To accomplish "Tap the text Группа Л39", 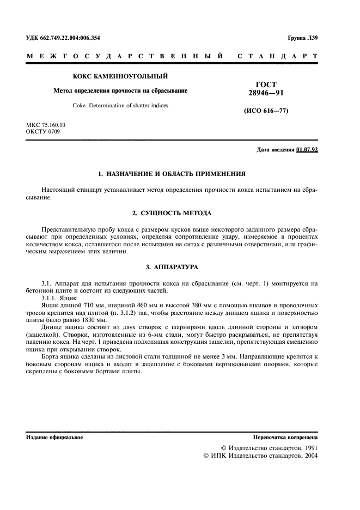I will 302,38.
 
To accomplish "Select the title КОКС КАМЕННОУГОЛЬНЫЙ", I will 120,76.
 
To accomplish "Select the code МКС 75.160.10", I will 45,125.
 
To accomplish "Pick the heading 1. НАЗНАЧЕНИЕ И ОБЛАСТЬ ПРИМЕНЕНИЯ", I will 172,174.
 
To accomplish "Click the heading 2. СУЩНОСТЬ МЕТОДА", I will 172,212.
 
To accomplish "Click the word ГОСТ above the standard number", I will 266,84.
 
